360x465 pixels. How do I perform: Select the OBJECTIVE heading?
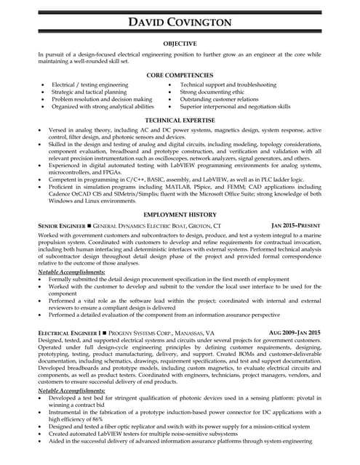[x=180, y=44]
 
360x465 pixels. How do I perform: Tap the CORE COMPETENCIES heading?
[x=180, y=75]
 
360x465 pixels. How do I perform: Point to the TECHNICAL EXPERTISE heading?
[x=180, y=120]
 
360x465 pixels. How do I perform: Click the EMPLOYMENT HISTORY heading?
[x=180, y=215]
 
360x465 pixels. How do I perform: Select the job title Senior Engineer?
[x=60, y=227]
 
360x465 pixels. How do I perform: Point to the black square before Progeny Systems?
[x=106, y=333]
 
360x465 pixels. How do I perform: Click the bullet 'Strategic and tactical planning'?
[x=89, y=92]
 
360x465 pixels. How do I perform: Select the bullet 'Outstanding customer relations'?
[x=219, y=100]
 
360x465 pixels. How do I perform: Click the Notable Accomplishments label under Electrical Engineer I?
[x=71, y=391]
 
